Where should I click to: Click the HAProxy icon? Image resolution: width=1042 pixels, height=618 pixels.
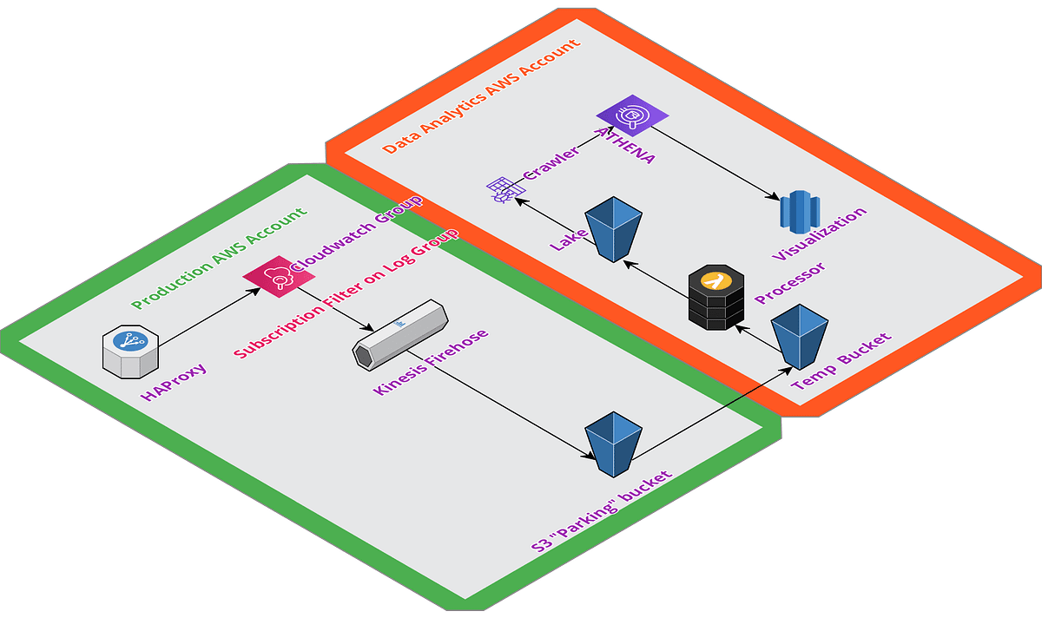[x=131, y=352]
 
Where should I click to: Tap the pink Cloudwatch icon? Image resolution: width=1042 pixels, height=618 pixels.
[x=267, y=278]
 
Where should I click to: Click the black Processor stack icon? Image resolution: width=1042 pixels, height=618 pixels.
[x=717, y=297]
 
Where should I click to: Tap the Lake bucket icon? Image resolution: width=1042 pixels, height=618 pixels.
[x=613, y=228]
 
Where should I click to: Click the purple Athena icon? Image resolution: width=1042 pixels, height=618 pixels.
[x=632, y=116]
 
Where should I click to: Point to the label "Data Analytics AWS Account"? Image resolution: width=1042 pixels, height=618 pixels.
[x=481, y=96]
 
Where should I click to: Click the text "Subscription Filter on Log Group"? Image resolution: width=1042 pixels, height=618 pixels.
[x=346, y=295]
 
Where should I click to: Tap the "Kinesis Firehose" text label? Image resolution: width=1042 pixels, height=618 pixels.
[x=431, y=362]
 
